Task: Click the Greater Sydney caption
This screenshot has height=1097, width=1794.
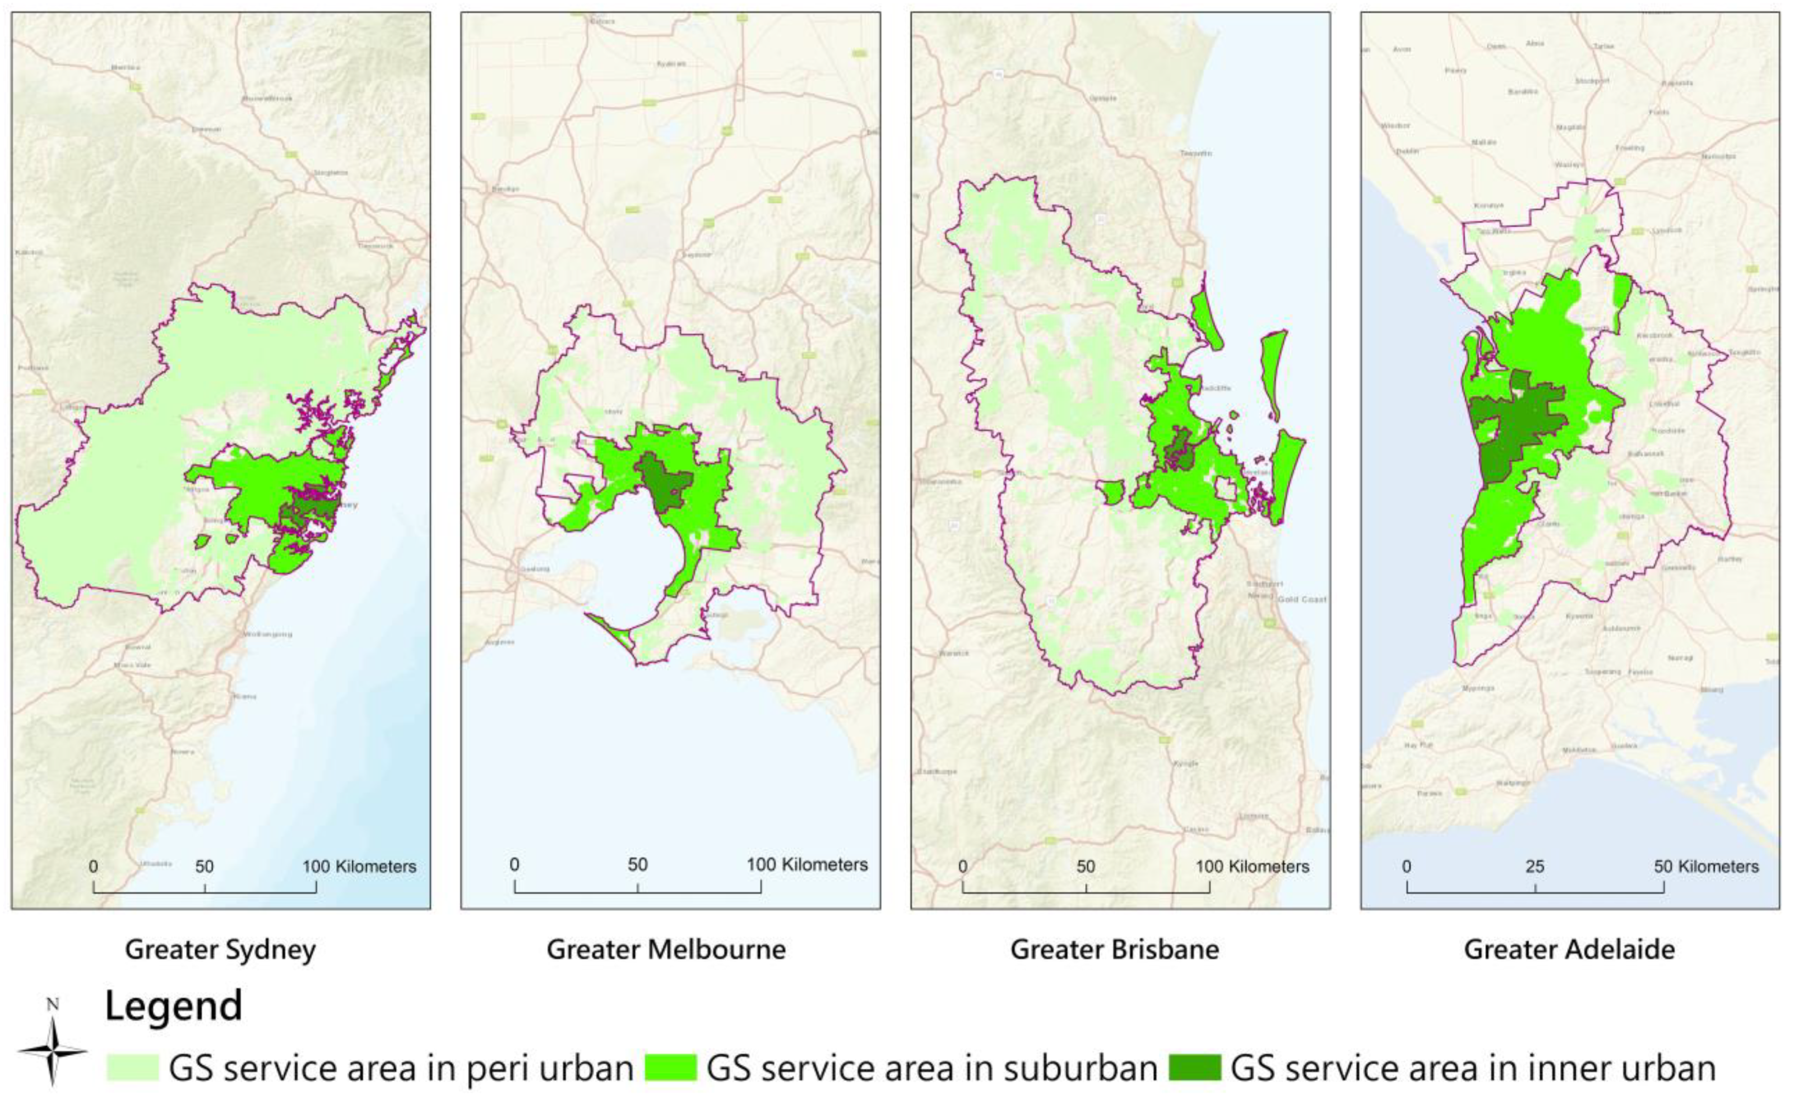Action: [x=220, y=950]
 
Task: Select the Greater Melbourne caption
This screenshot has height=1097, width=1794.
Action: [x=666, y=950]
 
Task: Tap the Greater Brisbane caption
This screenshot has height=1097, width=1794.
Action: [x=1115, y=950]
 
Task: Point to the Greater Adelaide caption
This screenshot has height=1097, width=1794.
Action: [x=1570, y=950]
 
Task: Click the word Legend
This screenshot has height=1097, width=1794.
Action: [x=173, y=1006]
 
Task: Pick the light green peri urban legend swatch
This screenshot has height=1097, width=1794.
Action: [x=133, y=1068]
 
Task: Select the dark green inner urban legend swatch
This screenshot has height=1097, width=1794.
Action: [x=1195, y=1068]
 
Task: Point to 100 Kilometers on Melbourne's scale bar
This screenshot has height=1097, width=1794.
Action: [x=806, y=865]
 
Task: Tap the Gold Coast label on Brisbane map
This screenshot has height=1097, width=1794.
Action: [x=1302, y=599]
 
